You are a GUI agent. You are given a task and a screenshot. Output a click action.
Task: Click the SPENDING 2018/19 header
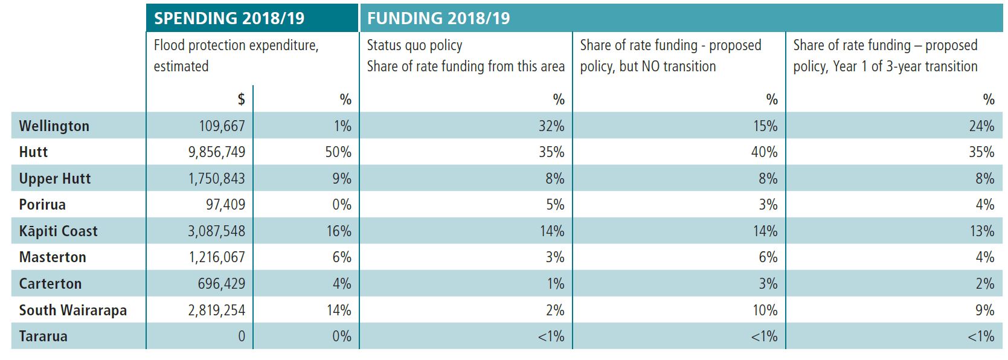[229, 18]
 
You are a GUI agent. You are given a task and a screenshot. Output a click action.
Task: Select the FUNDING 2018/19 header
[438, 18]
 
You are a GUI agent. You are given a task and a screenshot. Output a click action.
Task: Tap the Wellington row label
[54, 126]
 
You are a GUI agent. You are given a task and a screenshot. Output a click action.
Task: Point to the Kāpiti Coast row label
[58, 231]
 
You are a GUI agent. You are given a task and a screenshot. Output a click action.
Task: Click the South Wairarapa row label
[73, 310]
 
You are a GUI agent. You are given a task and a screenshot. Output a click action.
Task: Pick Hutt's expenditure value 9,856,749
[217, 152]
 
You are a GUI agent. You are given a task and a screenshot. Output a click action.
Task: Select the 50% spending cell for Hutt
[338, 152]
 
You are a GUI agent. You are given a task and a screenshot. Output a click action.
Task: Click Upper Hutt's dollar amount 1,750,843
[217, 178]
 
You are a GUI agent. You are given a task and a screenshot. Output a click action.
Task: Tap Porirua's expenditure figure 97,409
[225, 204]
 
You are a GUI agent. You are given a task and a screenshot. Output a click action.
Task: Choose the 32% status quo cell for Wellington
[551, 126]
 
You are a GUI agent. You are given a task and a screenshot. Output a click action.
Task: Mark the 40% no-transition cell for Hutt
[764, 152]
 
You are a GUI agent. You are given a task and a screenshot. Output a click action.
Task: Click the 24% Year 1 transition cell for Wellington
[981, 126]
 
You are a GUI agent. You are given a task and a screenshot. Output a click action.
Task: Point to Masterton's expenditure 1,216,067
[217, 257]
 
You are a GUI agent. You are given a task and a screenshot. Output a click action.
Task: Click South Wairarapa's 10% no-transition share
[765, 310]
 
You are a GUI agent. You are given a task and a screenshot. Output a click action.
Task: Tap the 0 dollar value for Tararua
[242, 336]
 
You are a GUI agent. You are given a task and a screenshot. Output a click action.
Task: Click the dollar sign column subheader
[242, 99]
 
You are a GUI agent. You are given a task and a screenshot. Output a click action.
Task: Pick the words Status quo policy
[414, 45]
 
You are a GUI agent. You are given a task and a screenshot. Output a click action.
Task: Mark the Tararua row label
[43, 336]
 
